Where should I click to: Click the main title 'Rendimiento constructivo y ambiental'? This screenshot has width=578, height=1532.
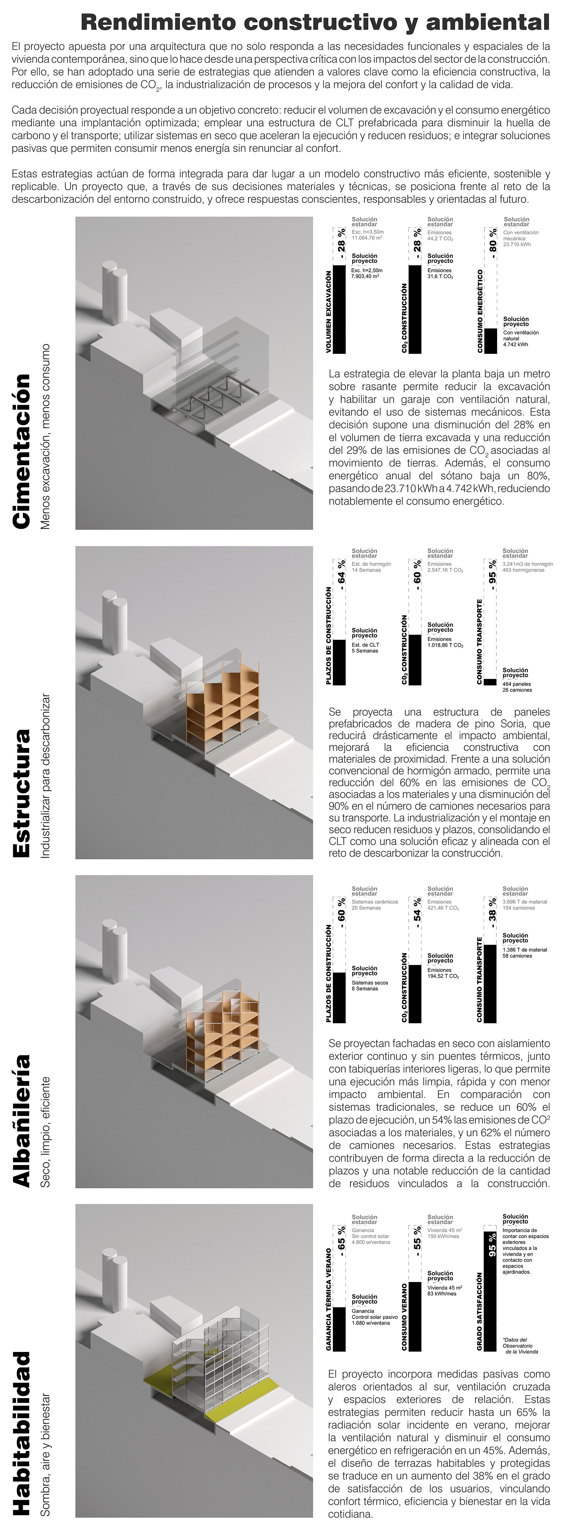click(x=315, y=23)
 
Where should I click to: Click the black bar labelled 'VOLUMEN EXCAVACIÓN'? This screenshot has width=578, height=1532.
click(x=339, y=309)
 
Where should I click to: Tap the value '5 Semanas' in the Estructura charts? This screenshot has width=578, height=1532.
click(x=364, y=651)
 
